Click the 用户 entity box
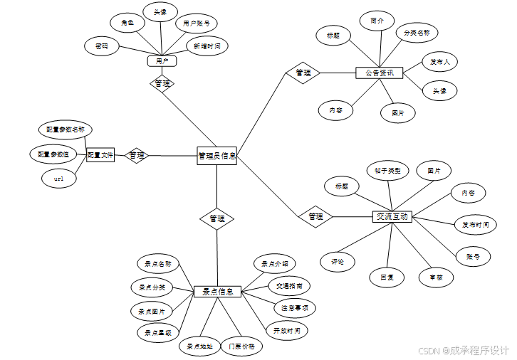(x=162, y=61)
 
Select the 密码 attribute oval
(x=102, y=47)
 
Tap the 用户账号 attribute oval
(x=196, y=23)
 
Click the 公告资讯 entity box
(x=380, y=73)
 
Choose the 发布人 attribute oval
(x=439, y=62)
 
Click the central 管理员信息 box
(x=216, y=155)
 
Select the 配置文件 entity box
(x=100, y=154)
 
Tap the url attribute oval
(x=59, y=179)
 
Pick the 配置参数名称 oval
(x=66, y=130)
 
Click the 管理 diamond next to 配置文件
(x=136, y=155)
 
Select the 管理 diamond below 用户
(x=162, y=84)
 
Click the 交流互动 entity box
(x=391, y=216)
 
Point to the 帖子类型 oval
(x=388, y=171)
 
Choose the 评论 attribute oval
(x=337, y=262)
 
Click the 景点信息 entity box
(x=218, y=292)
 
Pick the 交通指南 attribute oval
(x=289, y=285)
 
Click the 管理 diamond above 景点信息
(x=217, y=218)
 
